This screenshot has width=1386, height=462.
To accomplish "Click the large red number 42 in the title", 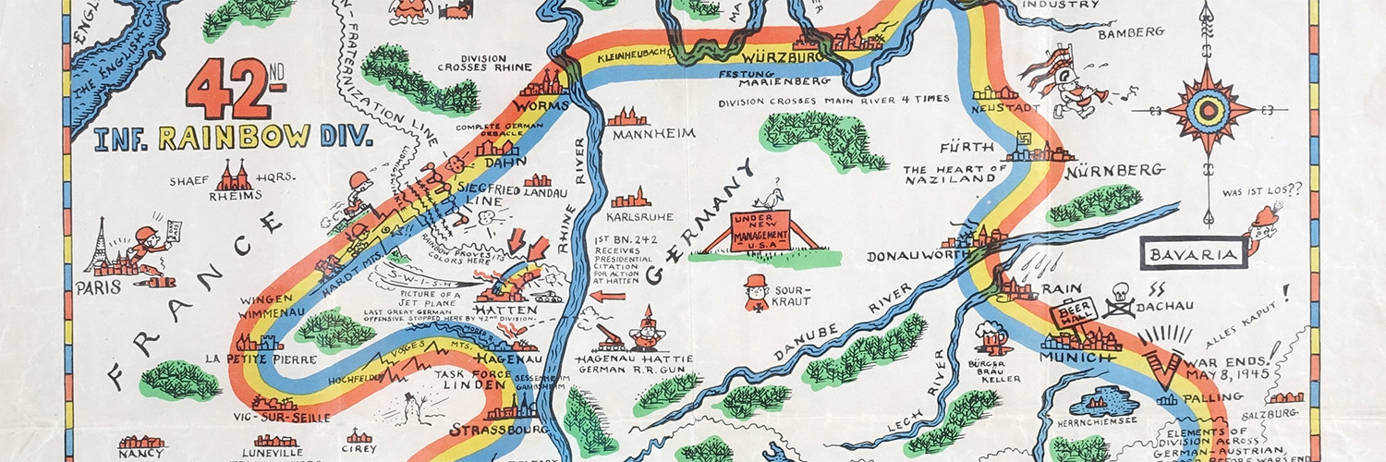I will pos(225,90).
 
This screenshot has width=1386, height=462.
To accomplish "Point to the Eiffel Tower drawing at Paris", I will pos(100,245).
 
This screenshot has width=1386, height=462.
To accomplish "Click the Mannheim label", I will pos(652,133).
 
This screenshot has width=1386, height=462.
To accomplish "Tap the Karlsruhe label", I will pos(637,217).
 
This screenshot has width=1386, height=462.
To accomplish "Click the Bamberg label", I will pos(1130,32).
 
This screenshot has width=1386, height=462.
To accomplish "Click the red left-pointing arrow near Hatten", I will pos(607,297).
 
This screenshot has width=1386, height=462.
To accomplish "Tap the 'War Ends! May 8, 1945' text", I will pos(1236,361).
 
